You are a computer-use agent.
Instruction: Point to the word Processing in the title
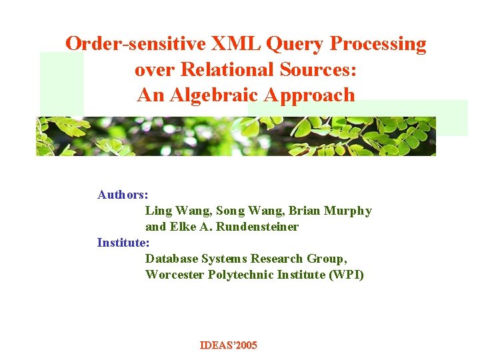click(378, 44)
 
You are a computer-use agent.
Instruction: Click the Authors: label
click(123, 195)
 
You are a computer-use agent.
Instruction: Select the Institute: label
click(124, 243)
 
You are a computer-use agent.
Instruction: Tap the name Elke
click(183, 227)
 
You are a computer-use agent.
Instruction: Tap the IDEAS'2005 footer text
click(229, 345)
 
